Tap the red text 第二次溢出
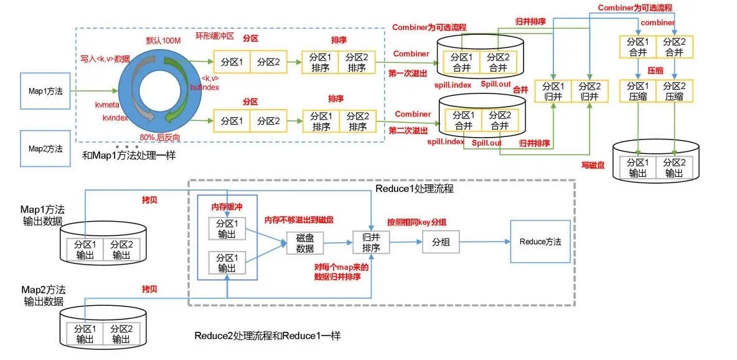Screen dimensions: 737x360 408,130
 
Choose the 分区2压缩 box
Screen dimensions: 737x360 675,92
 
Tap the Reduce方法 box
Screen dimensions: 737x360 540,242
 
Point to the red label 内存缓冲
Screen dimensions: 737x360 227,206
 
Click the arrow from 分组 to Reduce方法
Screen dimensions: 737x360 484,242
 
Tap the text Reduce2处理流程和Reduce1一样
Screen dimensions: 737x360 267,336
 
